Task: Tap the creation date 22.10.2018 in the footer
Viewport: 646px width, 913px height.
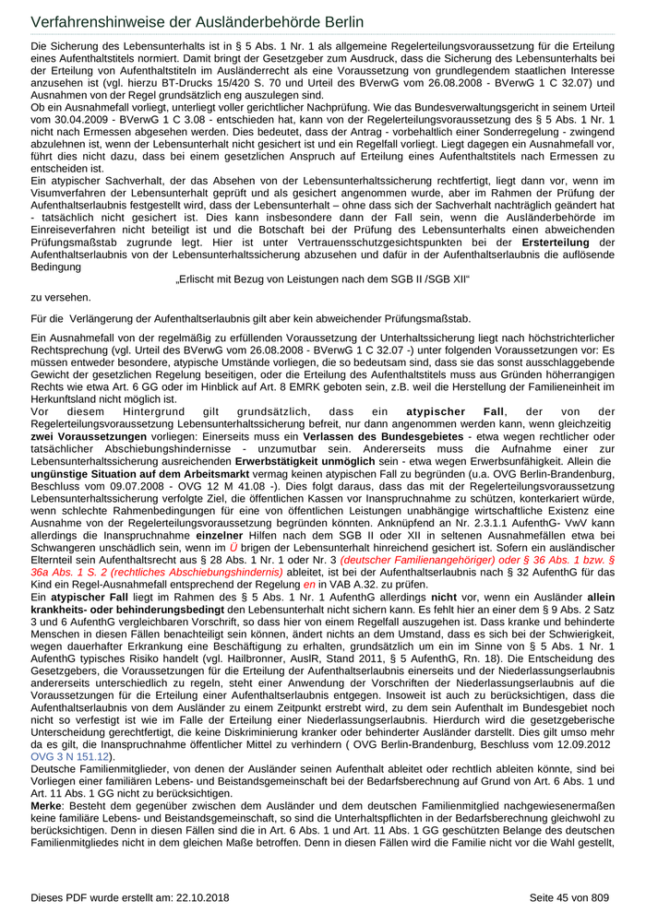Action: coord(200,896)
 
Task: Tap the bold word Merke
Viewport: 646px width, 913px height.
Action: coord(47,804)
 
